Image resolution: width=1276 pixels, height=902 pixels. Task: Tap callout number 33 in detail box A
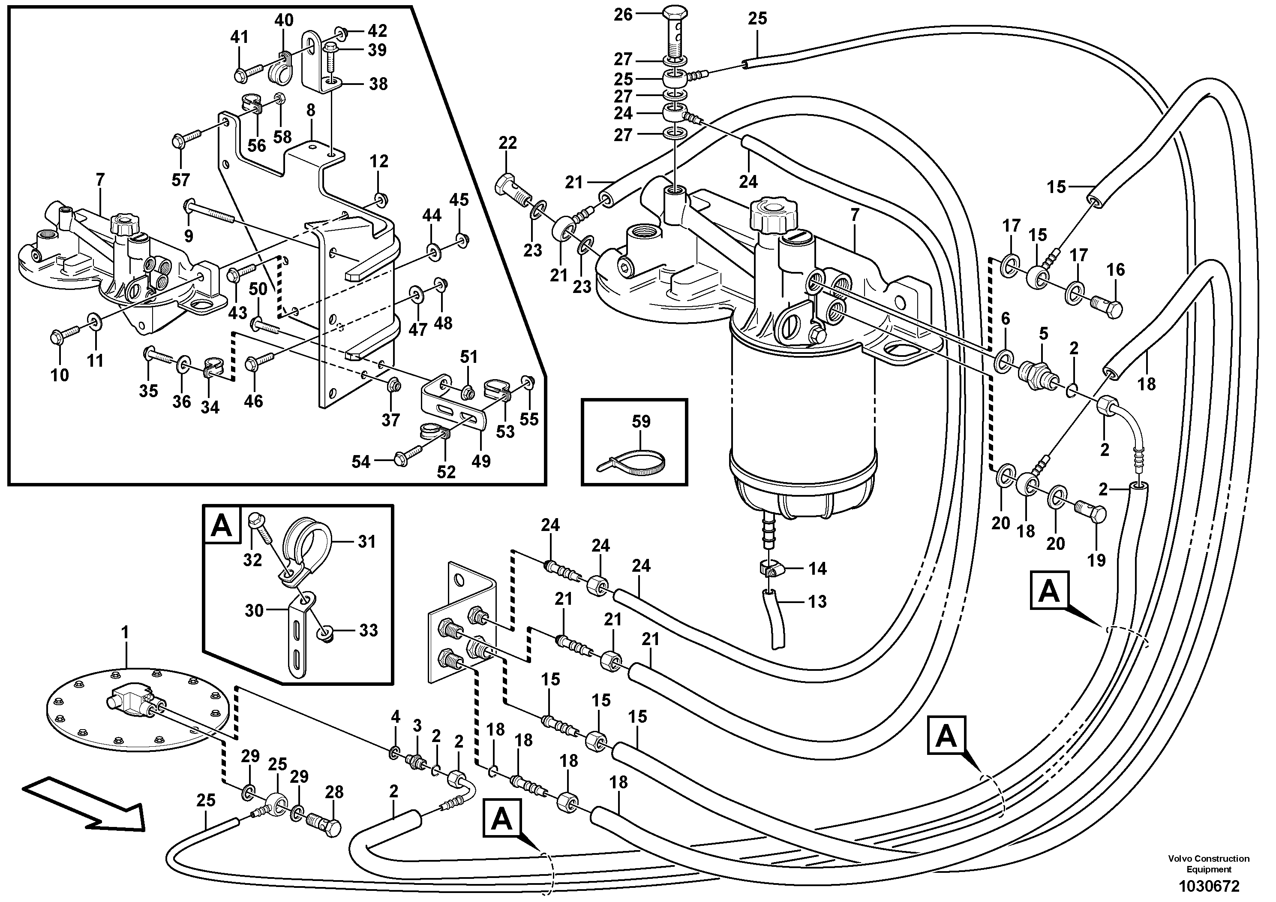point(367,630)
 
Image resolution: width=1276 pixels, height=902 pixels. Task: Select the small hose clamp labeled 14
point(770,568)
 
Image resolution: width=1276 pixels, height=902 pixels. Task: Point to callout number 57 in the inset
point(180,180)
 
